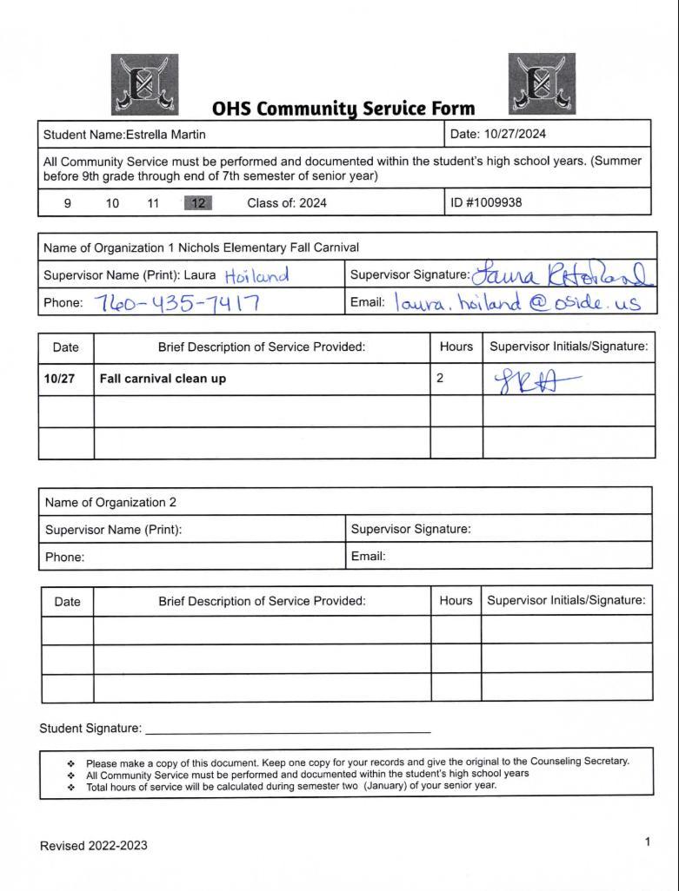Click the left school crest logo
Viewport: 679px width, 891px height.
tap(145, 84)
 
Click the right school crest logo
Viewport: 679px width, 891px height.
tap(542, 84)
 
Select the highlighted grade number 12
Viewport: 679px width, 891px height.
tap(197, 203)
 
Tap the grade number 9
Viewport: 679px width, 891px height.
tap(68, 203)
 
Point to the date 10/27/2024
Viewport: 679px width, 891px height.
tap(515, 135)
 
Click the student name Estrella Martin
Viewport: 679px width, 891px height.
tap(165, 135)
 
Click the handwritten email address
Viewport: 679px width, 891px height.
tap(516, 302)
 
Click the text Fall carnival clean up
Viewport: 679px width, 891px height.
tap(163, 379)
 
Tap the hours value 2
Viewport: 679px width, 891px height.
tap(441, 379)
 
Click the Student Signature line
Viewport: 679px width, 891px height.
tap(287, 730)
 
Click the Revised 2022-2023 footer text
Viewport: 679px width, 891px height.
tap(94, 845)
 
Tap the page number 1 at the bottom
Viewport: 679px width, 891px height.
tap(648, 841)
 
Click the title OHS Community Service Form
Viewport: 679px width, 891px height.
tap(343, 109)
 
